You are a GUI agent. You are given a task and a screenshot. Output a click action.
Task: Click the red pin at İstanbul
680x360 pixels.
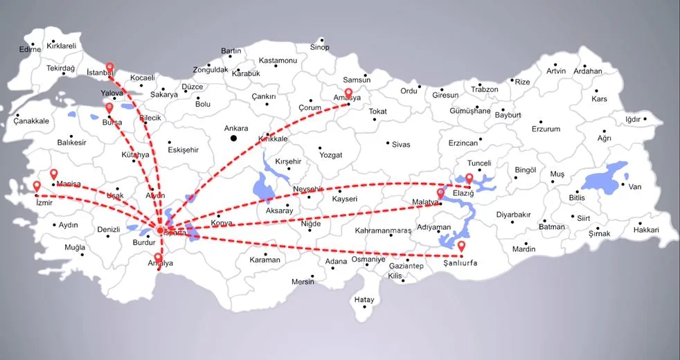click(x=109, y=67)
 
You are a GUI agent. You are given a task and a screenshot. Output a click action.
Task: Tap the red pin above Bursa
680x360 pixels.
click(x=109, y=107)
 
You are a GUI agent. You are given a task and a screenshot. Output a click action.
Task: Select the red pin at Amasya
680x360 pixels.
click(x=348, y=92)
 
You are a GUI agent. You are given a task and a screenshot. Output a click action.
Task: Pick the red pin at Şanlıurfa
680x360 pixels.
click(x=461, y=246)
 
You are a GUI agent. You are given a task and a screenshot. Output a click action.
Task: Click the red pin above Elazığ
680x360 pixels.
click(x=469, y=179)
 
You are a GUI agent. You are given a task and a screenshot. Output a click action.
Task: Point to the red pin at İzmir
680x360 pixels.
click(x=37, y=186)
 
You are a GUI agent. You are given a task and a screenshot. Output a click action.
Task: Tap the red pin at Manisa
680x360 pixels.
click(x=53, y=174)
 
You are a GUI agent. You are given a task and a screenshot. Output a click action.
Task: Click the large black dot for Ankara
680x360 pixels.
click(x=234, y=138)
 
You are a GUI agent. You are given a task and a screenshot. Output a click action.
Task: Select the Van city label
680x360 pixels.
click(x=635, y=187)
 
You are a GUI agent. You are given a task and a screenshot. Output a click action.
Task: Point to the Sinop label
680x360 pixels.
click(x=319, y=47)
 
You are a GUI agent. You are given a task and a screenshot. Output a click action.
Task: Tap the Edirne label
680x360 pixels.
click(x=30, y=50)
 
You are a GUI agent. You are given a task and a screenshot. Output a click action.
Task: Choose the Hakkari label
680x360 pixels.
click(x=646, y=230)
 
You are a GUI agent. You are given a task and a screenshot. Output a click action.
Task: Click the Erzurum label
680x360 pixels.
click(x=546, y=129)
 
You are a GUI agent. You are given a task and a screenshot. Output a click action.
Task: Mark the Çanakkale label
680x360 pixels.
click(x=31, y=121)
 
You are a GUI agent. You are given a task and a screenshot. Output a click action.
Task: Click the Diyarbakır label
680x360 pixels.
click(x=513, y=215)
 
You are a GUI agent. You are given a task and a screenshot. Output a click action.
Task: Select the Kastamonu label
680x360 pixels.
click(x=278, y=61)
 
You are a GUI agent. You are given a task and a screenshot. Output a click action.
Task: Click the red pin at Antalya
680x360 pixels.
click(x=159, y=259)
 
